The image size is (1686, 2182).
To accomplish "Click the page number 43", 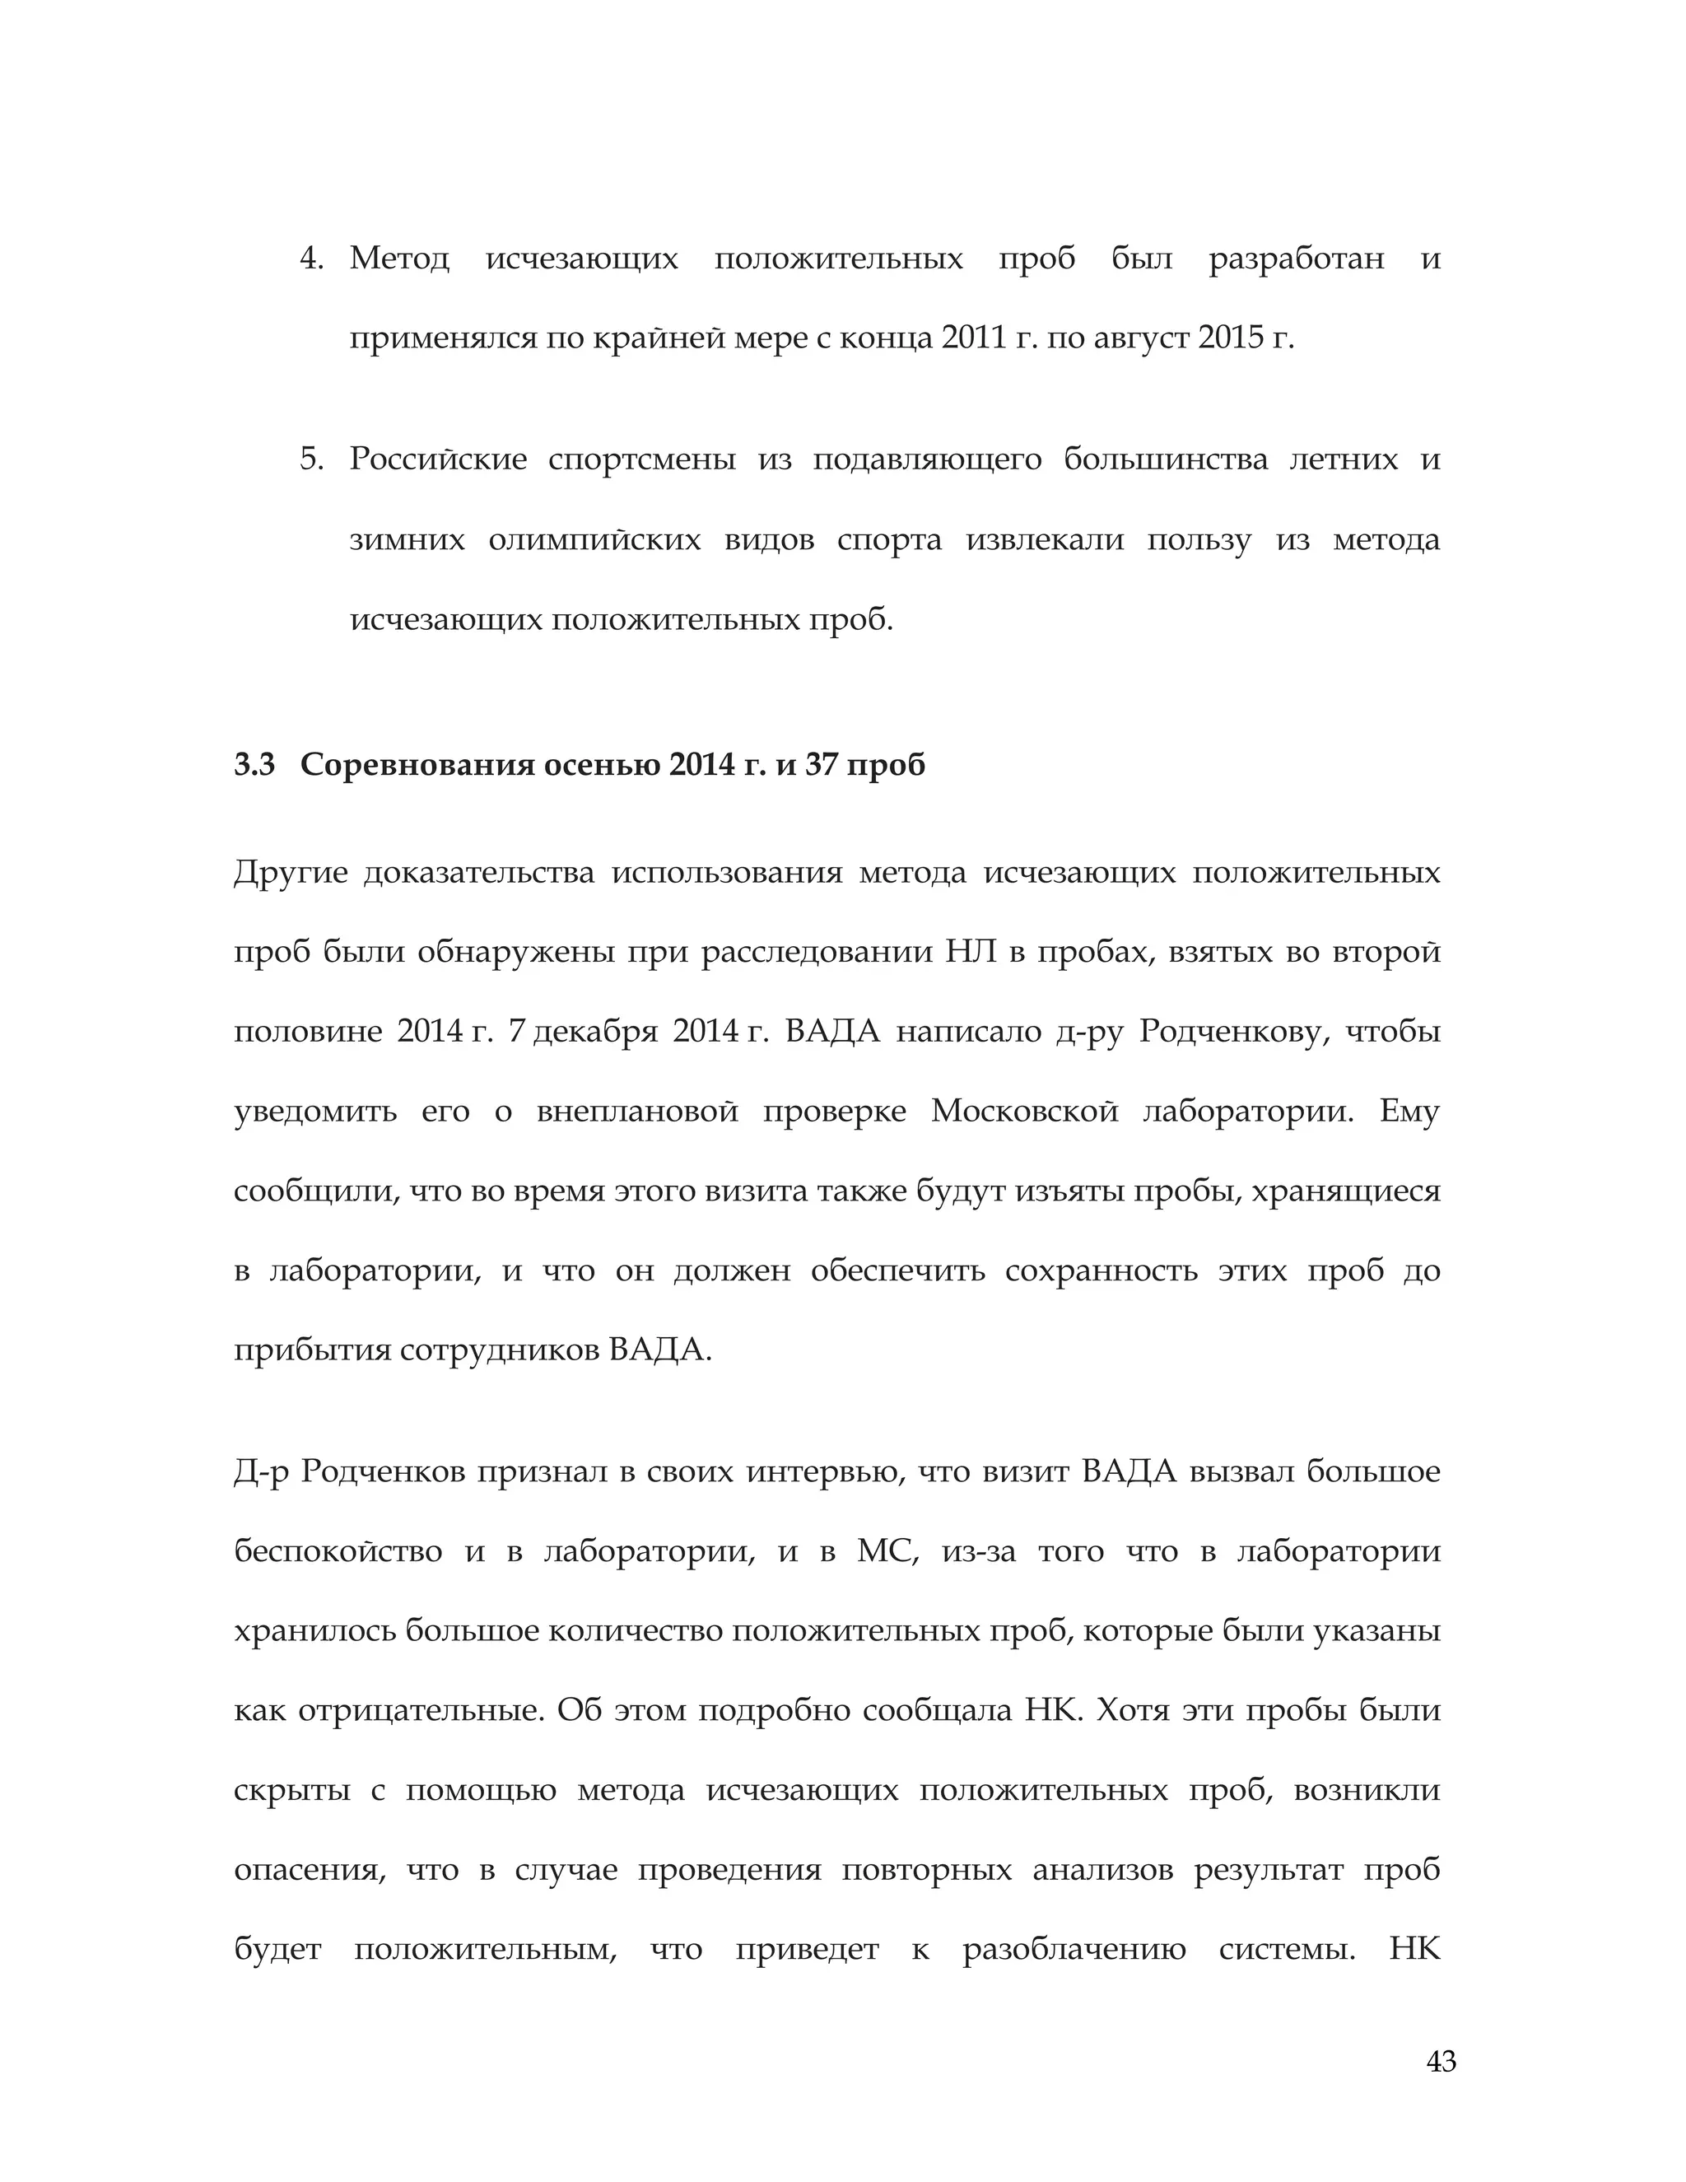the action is tap(1441, 2061).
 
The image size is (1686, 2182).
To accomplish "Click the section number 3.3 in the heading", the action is tap(254, 764).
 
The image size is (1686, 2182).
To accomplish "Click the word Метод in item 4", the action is tap(399, 259).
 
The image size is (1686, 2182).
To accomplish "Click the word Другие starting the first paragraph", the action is tap(290, 872).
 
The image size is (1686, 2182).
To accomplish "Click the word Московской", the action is tap(1024, 1111).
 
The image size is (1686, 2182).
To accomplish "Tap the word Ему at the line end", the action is tap(1409, 1111).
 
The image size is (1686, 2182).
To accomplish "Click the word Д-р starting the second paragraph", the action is tap(261, 1471).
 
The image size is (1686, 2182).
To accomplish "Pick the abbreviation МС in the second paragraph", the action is tap(887, 1551).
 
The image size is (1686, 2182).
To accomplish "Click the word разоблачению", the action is tap(1074, 1949).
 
